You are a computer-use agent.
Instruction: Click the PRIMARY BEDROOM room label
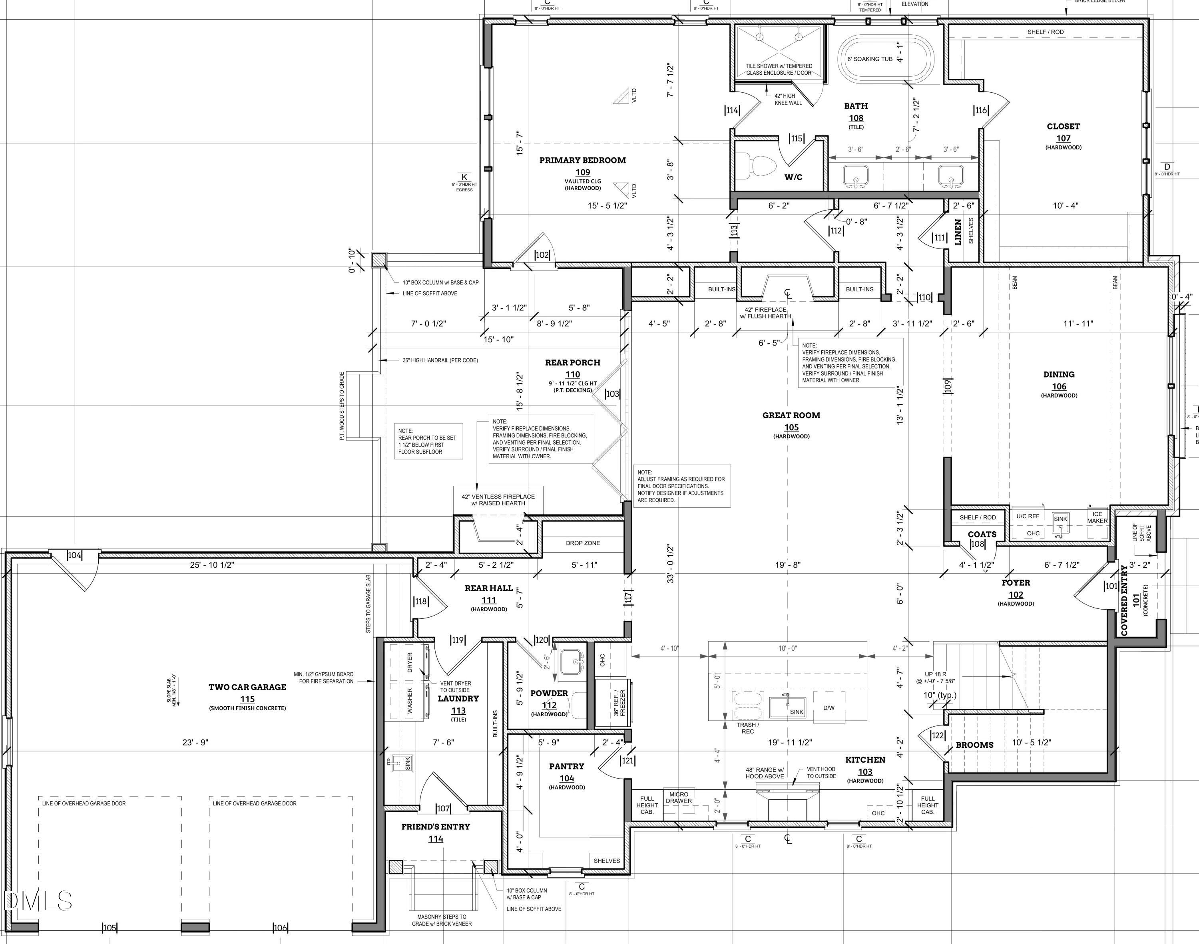tap(583, 160)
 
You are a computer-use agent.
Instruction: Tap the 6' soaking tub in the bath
tap(886, 59)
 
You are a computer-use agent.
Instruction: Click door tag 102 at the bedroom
tap(542, 255)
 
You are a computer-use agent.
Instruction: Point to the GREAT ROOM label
tap(791, 415)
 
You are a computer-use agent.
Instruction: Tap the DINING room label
tap(1059, 374)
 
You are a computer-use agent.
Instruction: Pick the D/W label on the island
tap(829, 708)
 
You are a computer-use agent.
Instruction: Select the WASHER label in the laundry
tap(410, 701)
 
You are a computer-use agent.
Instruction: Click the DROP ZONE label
tap(583, 543)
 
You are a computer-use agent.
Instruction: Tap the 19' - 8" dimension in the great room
tap(787, 565)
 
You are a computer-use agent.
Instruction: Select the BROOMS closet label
tap(974, 745)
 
